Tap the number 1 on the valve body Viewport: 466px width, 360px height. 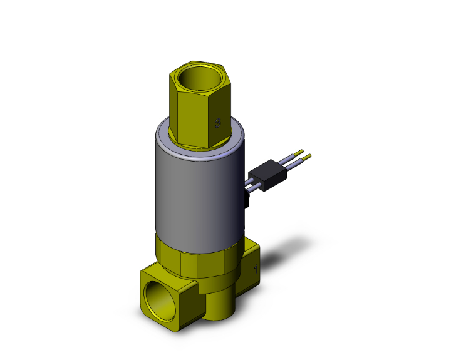point(256,270)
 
